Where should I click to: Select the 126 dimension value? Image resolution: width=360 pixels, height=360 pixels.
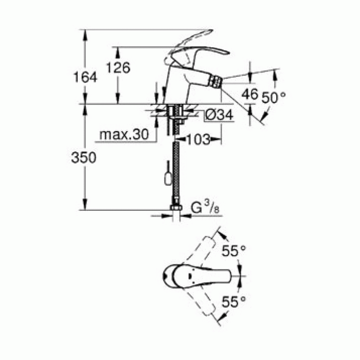click(118, 67)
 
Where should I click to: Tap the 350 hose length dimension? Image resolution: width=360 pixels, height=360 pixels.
click(84, 157)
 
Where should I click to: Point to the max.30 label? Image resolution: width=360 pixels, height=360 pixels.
click(123, 135)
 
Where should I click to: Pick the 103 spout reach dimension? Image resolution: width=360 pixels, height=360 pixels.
click(198, 138)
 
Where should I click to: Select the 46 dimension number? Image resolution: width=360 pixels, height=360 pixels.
click(250, 94)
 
